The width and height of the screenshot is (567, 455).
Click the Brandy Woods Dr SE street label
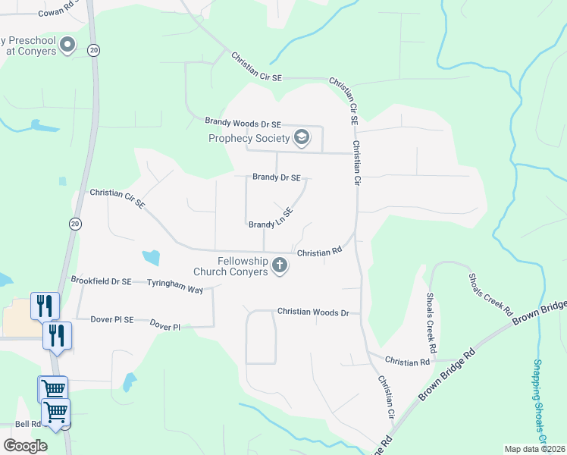pyautogui.click(x=243, y=123)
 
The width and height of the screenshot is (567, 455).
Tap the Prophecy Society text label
pyautogui.click(x=249, y=138)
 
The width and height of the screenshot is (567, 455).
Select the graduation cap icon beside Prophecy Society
pyautogui.click(x=302, y=137)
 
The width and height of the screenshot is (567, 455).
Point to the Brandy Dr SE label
pyautogui.click(x=277, y=177)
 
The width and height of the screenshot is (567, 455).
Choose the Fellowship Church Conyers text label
pyautogui.click(x=231, y=266)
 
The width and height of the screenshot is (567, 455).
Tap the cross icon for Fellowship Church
pyautogui.click(x=280, y=266)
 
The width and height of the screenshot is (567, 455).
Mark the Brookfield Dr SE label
pyautogui.click(x=102, y=281)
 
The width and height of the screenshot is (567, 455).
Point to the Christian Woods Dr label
pyautogui.click(x=312, y=312)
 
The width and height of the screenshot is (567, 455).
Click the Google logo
pyautogui.click(x=25, y=445)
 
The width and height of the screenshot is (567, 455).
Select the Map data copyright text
pyautogui.click(x=534, y=449)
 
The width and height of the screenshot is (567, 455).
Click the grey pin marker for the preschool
pyautogui.click(x=68, y=45)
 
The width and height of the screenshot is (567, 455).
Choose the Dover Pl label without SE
pyautogui.click(x=164, y=327)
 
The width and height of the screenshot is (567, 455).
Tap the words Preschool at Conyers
pyautogui.click(x=29, y=45)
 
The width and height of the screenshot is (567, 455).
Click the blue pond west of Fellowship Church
pyautogui.click(x=151, y=256)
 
